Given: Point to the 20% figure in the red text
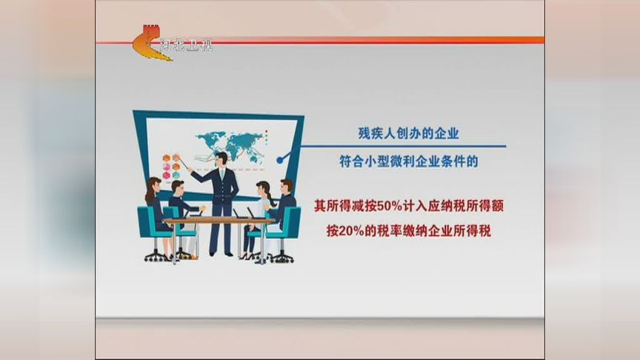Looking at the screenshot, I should point(356,230).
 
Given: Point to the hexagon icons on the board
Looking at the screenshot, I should point(175,166).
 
